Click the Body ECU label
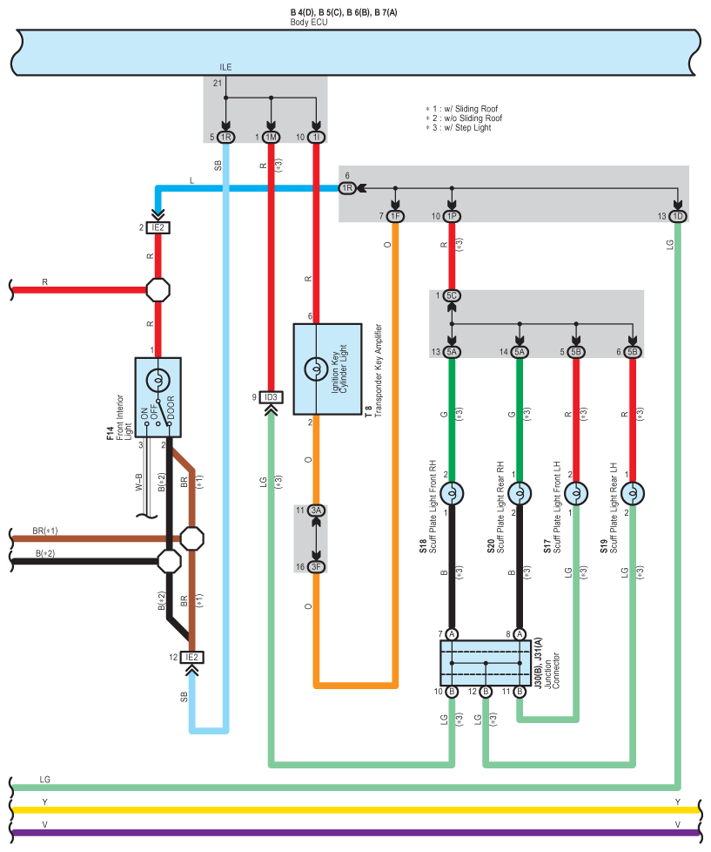point(309,23)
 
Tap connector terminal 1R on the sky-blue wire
point(225,138)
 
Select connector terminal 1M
point(271,138)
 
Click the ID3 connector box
point(271,398)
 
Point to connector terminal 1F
point(396,216)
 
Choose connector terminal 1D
point(678,216)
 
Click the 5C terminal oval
point(452,295)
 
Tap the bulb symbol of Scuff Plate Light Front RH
point(452,494)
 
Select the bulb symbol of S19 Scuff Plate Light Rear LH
point(633,494)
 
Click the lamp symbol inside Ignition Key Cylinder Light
point(316,369)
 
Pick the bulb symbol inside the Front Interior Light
point(158,381)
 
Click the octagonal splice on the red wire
point(158,290)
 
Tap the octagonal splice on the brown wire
point(191,538)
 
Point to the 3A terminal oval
point(316,511)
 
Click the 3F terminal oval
point(316,567)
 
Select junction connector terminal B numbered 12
point(486,692)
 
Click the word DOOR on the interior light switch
point(171,408)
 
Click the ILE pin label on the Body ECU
point(225,67)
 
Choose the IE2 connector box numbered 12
point(191,658)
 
